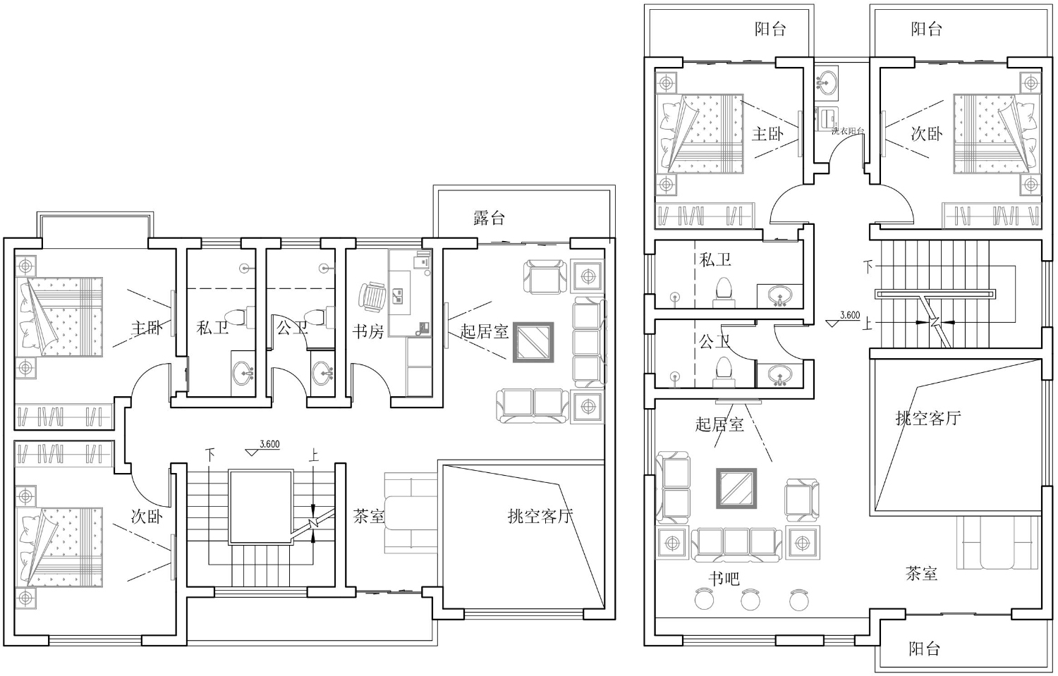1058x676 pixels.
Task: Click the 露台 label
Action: [x=489, y=218]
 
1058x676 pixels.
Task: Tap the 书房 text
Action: [x=368, y=331]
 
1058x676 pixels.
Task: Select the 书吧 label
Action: [x=724, y=579]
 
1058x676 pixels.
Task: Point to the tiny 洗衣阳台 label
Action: [x=849, y=131]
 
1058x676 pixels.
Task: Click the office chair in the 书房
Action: [x=372, y=297]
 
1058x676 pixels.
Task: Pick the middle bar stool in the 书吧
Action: [x=750, y=599]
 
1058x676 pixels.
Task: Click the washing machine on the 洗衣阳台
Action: [x=827, y=117]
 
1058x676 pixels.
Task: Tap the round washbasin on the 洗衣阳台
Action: [x=826, y=81]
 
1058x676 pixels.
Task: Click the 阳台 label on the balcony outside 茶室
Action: [x=924, y=649]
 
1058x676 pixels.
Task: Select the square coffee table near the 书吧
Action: [x=736, y=488]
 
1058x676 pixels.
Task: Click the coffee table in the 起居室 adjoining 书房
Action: [x=534, y=343]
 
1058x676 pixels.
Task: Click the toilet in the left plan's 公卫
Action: [x=319, y=317]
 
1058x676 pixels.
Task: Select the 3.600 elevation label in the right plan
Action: [x=850, y=315]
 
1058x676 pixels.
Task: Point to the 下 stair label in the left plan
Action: [x=210, y=455]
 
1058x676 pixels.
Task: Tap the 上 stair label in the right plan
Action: [x=867, y=324]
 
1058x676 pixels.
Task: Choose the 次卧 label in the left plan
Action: [x=147, y=517]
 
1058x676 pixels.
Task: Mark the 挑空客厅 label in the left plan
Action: [x=540, y=516]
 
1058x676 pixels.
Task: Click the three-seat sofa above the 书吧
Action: [x=736, y=545]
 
